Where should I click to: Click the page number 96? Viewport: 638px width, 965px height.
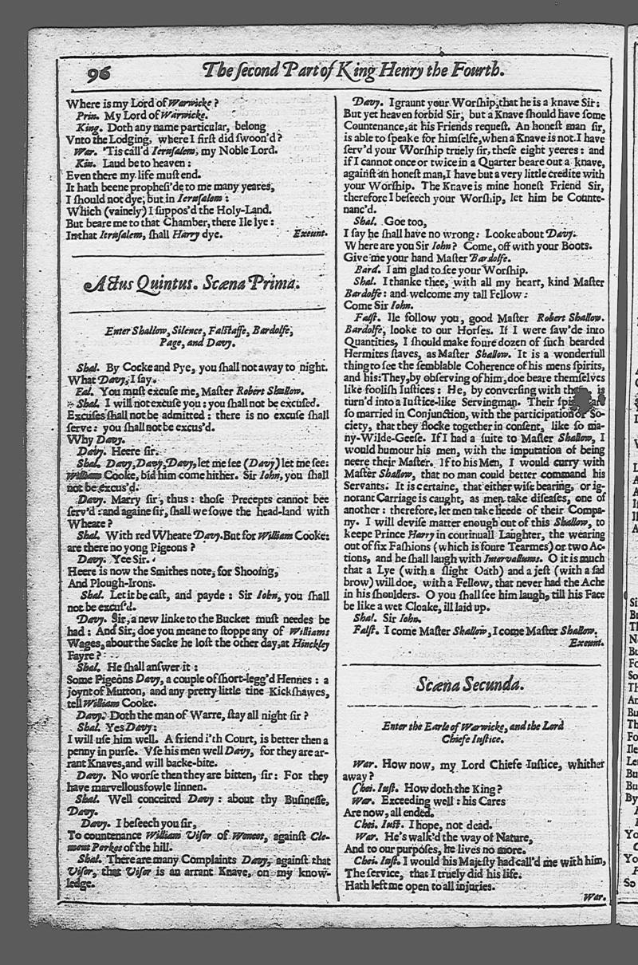[x=99, y=73]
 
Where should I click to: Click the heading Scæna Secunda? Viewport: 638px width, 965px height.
[x=469, y=683]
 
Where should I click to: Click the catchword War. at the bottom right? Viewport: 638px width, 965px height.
[x=594, y=897]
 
